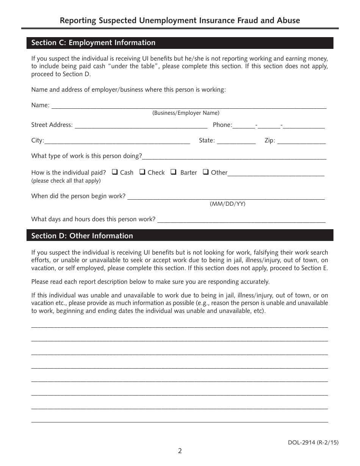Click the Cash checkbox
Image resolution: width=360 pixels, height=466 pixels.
[115, 172]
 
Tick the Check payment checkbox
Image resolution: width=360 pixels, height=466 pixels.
[142, 172]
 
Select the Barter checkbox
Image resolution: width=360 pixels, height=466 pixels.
[174, 172]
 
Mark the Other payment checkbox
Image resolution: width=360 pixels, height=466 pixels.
[206, 172]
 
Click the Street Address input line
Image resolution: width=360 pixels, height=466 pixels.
[141, 126]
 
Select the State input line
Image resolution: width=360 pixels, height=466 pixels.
[236, 141]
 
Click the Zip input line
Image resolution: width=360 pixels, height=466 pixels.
[302, 141]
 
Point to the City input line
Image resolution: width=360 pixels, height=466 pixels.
[117, 141]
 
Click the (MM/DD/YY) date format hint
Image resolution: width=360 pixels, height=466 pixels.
[228, 204]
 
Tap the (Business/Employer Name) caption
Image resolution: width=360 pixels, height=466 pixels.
[186, 113]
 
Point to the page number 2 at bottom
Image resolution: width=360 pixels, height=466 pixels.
[180, 451]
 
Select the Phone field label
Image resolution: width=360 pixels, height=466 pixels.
[222, 125]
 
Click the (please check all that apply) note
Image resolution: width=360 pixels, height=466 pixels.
[66, 181]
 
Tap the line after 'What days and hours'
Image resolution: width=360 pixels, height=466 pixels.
[241, 220]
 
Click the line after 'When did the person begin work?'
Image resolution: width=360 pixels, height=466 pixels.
[226, 197]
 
